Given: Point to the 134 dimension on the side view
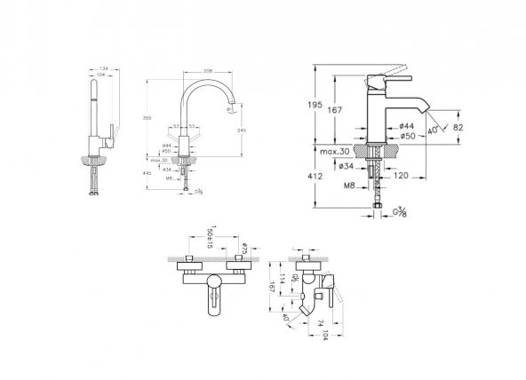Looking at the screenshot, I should coord(105,67).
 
